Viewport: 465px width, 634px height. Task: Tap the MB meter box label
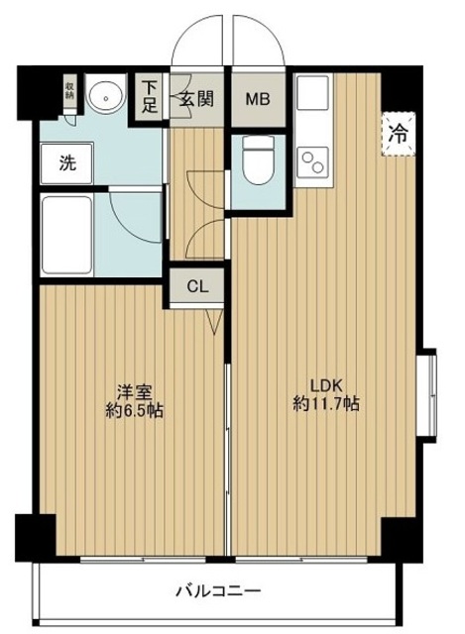point(256,99)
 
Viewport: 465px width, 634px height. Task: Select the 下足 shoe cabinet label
point(150,97)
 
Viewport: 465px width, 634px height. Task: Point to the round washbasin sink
point(102,96)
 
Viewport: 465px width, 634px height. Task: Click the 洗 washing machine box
point(63,161)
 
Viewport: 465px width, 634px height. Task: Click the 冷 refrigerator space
point(396,132)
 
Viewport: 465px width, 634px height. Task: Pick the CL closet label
point(198,286)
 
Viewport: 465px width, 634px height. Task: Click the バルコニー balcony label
point(218,592)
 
